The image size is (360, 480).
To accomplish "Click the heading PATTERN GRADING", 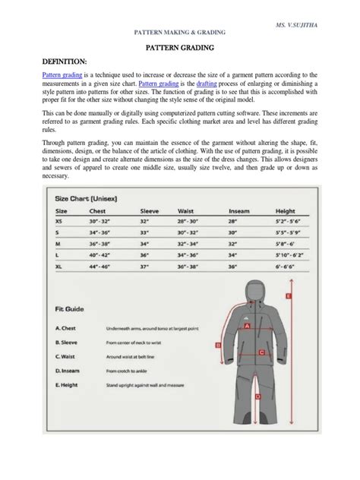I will [180, 47].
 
